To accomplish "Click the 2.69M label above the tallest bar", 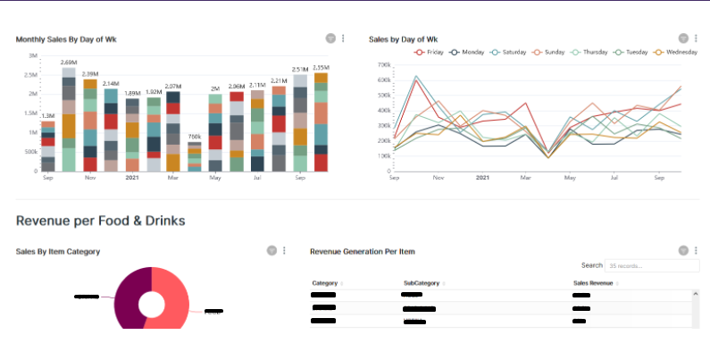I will [x=68, y=63].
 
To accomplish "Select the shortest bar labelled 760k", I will [x=195, y=156].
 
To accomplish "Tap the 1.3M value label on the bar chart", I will [x=47, y=115].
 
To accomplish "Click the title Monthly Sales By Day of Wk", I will [x=66, y=39].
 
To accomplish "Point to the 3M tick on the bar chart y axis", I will [x=33, y=55].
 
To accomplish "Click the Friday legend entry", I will [x=430, y=52].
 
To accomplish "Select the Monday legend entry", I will [x=467, y=52].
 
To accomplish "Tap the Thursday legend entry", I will [x=589, y=52].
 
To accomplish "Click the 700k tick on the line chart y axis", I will [x=385, y=65].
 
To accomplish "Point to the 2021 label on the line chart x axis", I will [x=482, y=178].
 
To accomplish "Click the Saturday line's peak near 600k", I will [x=416, y=77].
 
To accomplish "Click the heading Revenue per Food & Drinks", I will [x=100, y=220].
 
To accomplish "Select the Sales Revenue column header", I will [x=594, y=283].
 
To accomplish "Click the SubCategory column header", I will [x=422, y=283].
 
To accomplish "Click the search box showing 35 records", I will [x=651, y=266].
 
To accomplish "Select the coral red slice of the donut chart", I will [x=177, y=304].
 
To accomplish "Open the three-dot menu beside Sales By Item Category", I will [x=284, y=251].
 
